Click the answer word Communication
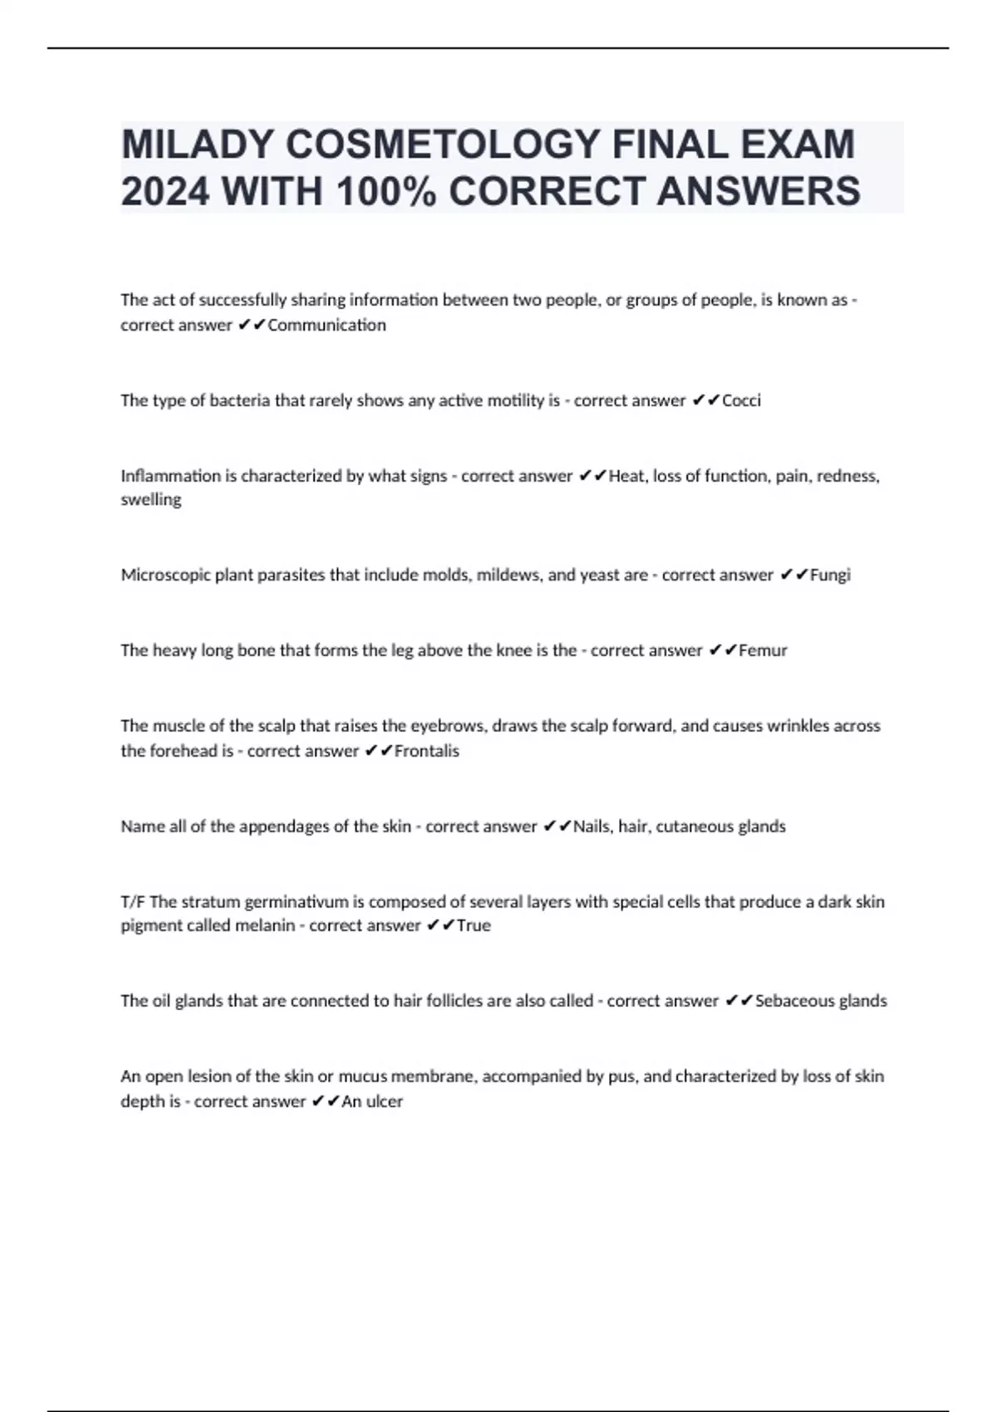(327, 325)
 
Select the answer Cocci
(741, 400)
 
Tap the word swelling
(150, 499)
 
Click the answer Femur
(763, 650)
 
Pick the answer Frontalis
(426, 751)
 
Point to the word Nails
(592, 826)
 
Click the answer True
(474, 925)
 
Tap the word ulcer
(384, 1101)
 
